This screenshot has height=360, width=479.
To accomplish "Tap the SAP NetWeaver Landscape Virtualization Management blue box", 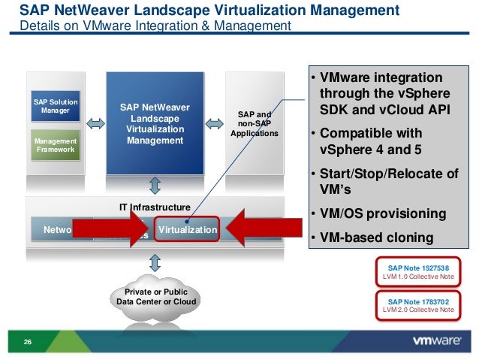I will (x=155, y=123).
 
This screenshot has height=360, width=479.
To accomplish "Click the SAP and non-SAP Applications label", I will (x=255, y=124).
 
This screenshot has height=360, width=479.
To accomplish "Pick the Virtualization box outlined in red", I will (x=187, y=230).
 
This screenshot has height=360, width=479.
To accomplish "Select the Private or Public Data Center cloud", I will (x=156, y=298).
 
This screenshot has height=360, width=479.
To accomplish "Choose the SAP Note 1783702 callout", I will (x=420, y=304).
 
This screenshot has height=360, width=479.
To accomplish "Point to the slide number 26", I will (x=28, y=343).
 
